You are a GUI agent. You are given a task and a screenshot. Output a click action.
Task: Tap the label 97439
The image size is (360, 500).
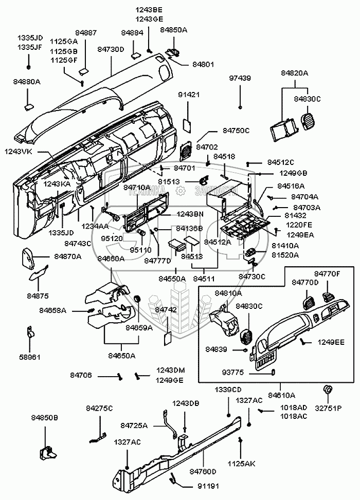coord(240,78)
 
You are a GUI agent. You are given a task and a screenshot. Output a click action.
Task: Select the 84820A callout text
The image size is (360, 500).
coord(294,73)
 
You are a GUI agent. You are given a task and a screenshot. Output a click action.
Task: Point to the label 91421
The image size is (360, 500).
coord(189,95)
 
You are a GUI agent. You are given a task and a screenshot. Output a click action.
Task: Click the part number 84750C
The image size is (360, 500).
coord(236,131)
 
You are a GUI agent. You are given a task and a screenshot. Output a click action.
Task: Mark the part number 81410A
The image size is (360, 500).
coord(285,246)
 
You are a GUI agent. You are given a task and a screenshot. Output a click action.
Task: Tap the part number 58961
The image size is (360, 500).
coord(30,357)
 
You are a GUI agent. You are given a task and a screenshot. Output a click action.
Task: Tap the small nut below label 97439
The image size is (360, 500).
coord(240,107)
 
